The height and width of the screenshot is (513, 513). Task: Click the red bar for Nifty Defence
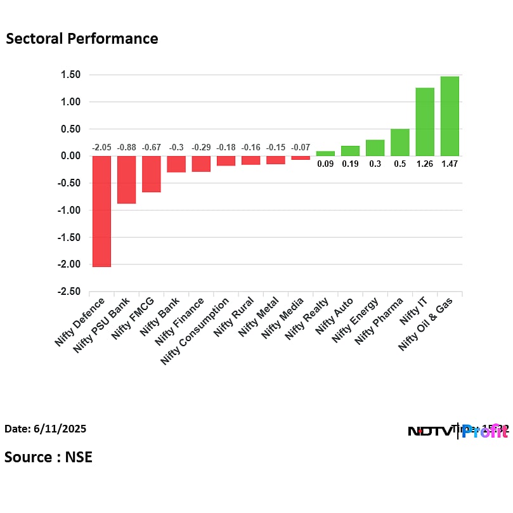(101, 211)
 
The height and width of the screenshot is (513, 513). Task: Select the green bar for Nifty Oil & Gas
(450, 116)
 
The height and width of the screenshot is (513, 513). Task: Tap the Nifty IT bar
(425, 122)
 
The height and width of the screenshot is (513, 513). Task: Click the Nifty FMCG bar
(151, 174)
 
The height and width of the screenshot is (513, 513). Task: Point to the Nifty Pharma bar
(399, 142)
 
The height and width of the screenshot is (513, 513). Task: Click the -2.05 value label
(101, 148)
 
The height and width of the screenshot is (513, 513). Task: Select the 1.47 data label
(450, 164)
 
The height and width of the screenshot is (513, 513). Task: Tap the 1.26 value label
(425, 164)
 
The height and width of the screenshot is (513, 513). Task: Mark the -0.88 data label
(126, 148)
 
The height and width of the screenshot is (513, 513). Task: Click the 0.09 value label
(325, 164)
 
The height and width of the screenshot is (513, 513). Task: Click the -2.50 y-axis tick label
(70, 292)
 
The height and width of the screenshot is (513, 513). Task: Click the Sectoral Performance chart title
(82, 39)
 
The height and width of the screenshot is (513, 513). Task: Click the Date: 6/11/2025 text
(45, 429)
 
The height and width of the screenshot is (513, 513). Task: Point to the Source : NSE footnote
(48, 457)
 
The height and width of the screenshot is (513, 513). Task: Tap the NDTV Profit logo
(457, 431)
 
